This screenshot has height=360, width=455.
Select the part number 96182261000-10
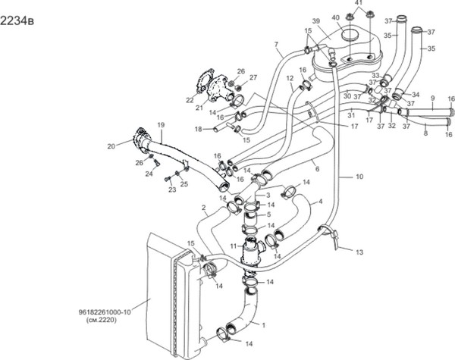pyautogui.click(x=105, y=311)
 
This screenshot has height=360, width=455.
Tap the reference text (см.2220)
pyautogui.click(x=105, y=320)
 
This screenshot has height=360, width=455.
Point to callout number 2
pyautogui.click(x=203, y=207)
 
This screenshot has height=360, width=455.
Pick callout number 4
pyautogui.click(x=321, y=201)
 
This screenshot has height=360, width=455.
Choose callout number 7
pyautogui.click(x=276, y=44)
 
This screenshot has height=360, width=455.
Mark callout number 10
pyautogui.click(x=359, y=176)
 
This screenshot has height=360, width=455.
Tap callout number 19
pyautogui.click(x=161, y=124)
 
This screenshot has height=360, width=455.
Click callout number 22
pyautogui.click(x=190, y=99)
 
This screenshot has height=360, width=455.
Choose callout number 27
pyautogui.click(x=253, y=77)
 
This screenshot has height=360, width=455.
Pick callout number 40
pyautogui.click(x=335, y=17)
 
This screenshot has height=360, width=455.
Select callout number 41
pyautogui.click(x=359, y=4)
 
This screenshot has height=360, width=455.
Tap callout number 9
pyautogui.click(x=432, y=99)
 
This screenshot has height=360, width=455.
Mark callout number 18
pyautogui.click(x=197, y=130)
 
